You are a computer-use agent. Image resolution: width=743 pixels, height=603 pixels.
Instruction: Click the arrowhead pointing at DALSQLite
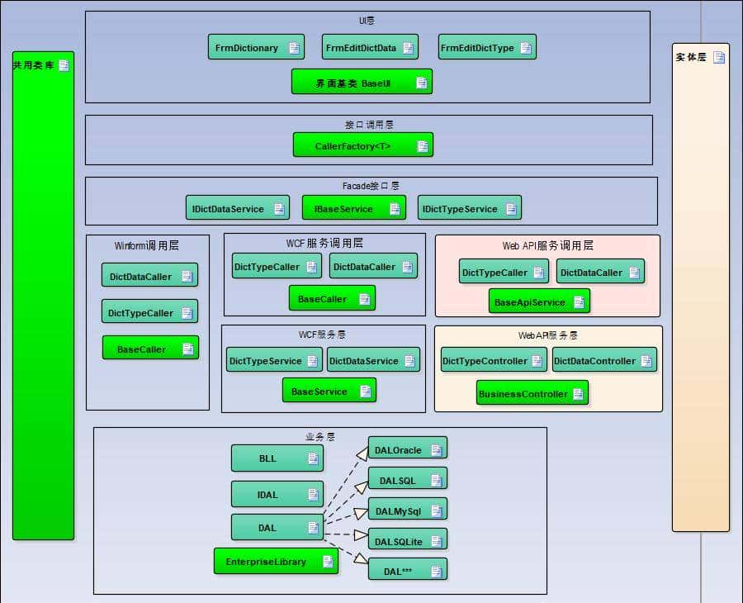coord(362,539)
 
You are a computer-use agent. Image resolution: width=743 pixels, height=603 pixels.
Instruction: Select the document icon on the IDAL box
coord(313,495)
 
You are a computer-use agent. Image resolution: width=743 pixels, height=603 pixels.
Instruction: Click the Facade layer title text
coord(371,186)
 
